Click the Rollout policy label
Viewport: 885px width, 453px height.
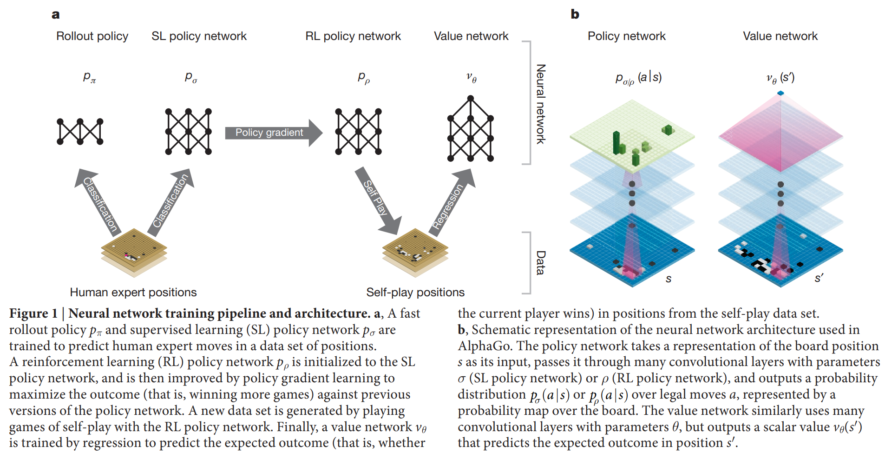coord(92,36)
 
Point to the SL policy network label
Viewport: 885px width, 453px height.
coord(199,36)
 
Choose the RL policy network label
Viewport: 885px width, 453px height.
coord(353,36)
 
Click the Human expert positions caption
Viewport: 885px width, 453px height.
coord(133,292)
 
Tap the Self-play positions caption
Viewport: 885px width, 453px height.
coord(415,292)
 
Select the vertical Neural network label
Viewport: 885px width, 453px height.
coord(541,104)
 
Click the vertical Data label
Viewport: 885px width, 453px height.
coord(541,263)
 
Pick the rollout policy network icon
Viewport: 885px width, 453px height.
coord(80,132)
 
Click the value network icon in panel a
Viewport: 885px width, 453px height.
coord(470,129)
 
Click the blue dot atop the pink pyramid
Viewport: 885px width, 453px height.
coord(780,93)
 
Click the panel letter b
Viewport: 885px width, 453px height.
coord(575,14)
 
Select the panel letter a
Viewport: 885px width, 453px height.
coord(56,14)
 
